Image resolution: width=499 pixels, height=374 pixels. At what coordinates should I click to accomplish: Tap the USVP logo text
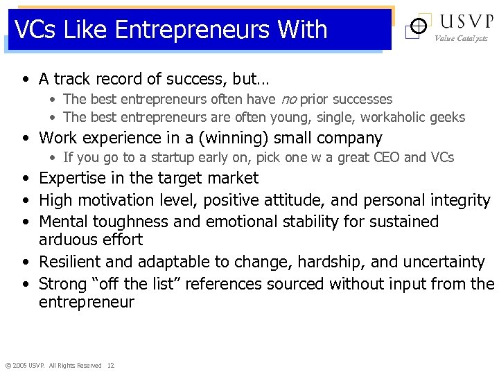click(463, 21)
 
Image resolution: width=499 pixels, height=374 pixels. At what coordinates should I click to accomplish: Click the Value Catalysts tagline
click(461, 39)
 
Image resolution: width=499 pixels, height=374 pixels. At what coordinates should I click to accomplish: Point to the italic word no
click(288, 100)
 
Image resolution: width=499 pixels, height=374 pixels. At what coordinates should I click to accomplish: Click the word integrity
click(457, 200)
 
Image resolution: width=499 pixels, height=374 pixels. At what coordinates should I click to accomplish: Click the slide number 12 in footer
click(111, 365)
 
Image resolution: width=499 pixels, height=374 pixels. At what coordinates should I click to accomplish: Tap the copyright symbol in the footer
click(8, 365)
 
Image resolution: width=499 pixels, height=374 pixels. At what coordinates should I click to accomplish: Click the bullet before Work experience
click(25, 138)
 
